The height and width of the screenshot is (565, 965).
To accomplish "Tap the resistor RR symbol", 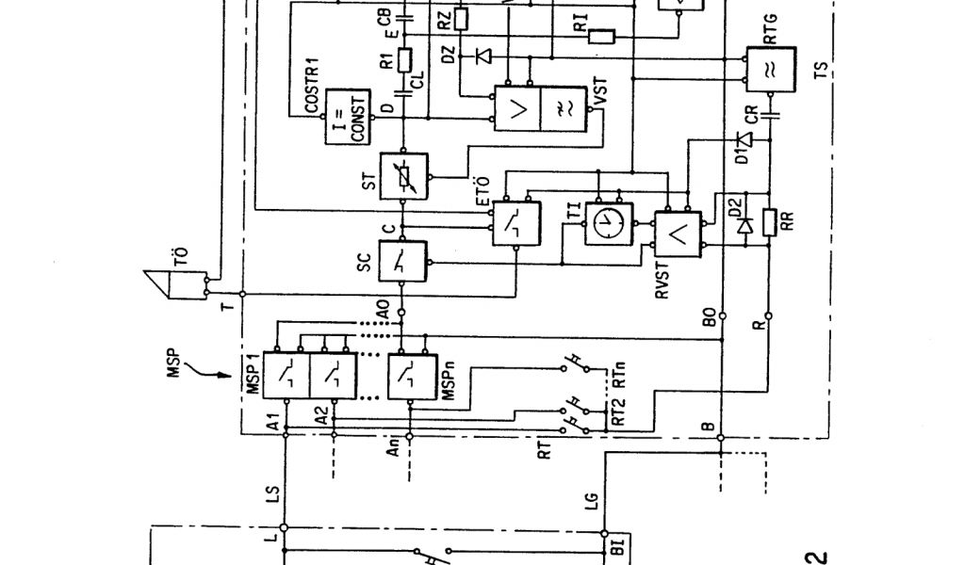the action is (770, 223).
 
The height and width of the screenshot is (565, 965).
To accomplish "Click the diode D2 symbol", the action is (744, 225).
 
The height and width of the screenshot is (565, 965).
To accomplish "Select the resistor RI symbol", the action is (600, 37).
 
